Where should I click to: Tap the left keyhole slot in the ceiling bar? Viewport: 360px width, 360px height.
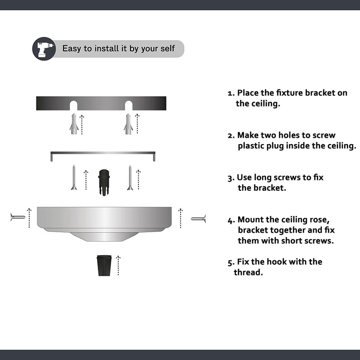click(73, 105)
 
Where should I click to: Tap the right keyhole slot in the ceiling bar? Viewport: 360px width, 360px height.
click(129, 105)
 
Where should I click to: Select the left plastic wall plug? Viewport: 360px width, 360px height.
click(74, 124)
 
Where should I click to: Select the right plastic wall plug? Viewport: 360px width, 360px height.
click(128, 124)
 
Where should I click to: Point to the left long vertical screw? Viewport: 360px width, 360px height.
click(74, 177)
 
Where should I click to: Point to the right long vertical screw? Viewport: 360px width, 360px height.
click(130, 177)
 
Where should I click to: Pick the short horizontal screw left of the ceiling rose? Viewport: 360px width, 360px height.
click(18, 217)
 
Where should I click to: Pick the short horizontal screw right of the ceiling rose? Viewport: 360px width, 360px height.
click(198, 219)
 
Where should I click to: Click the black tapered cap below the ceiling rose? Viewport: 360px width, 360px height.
click(104, 265)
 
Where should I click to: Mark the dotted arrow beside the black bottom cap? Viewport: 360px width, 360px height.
click(118, 265)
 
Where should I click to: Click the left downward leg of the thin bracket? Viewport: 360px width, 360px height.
click(51, 157)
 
